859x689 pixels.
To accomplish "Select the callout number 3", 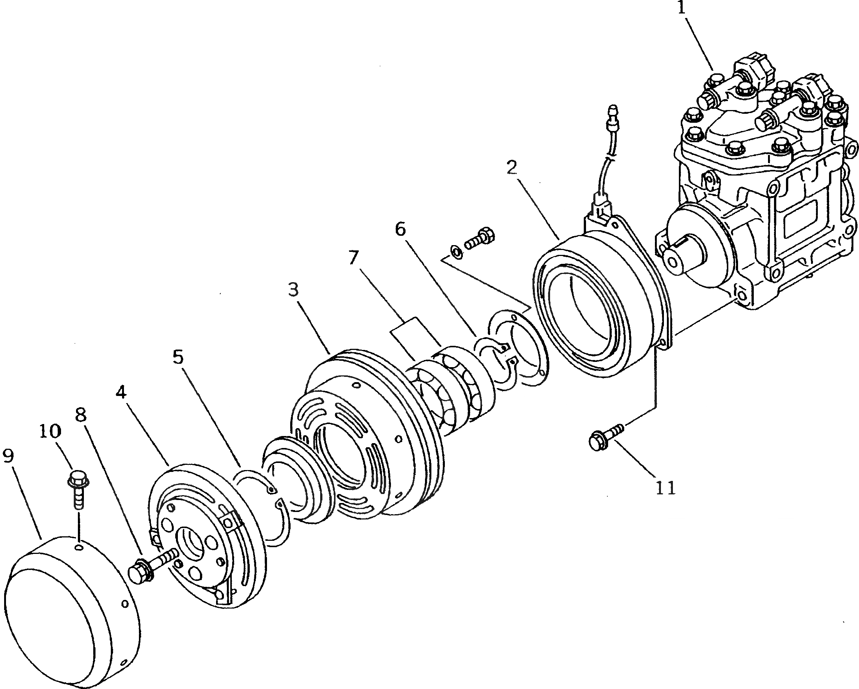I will click(293, 290).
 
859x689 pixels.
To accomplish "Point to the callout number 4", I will click(121, 393).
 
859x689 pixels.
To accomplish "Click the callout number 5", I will click(178, 357).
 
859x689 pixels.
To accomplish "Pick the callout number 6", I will click(400, 229).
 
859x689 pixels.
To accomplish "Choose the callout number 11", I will click(665, 488).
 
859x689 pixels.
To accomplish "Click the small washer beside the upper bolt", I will click(456, 252).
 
